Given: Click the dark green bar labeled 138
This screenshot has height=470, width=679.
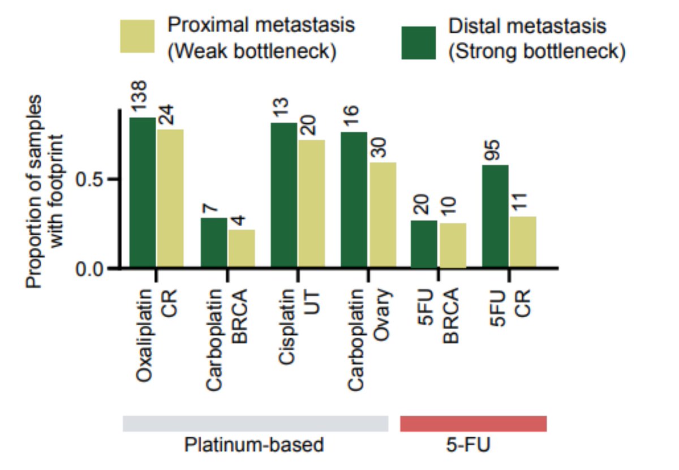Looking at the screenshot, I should [143, 192].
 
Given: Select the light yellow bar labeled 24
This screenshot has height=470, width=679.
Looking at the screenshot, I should [170, 199].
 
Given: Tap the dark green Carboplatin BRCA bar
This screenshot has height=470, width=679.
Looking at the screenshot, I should [214, 243].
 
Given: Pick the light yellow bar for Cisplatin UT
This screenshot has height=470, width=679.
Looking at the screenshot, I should [311, 204].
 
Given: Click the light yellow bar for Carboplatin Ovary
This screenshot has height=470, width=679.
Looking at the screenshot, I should [382, 215].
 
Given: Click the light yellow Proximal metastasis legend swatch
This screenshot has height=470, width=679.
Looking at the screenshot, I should [137, 37].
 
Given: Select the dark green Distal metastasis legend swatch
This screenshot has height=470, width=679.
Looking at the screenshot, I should [418, 42].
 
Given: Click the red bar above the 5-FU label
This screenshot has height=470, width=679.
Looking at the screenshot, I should [473, 424].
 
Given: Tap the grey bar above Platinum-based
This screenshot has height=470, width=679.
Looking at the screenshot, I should [255, 424].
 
